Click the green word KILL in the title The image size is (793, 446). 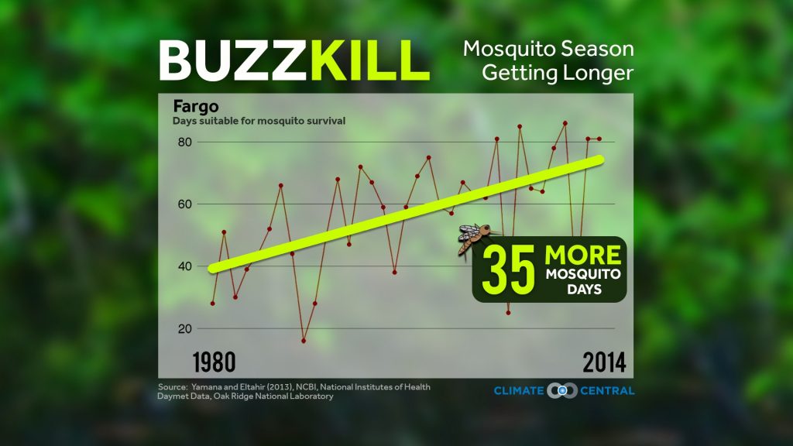[x=369, y=60]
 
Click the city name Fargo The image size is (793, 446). [x=190, y=107]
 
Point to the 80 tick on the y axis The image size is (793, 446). [x=184, y=142]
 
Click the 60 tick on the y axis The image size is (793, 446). [x=184, y=204]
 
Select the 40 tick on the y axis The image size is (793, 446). [x=184, y=266]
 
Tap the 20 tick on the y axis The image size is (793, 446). [x=184, y=328]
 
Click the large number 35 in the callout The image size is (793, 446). [x=509, y=270]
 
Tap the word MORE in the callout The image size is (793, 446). [x=583, y=256]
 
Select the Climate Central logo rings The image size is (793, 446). [x=558, y=390]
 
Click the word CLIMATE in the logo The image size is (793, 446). [x=520, y=391]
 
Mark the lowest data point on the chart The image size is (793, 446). [x=304, y=341]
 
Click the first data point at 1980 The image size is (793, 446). [x=212, y=304]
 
